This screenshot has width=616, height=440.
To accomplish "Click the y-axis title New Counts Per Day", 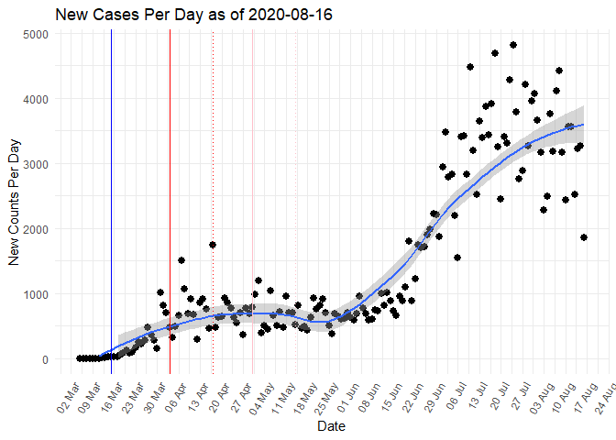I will (x=14, y=195).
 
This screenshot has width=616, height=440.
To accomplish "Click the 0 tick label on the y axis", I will (x=47, y=359).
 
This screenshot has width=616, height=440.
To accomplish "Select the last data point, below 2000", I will (x=584, y=237).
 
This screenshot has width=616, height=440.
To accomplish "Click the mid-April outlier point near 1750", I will (x=213, y=245).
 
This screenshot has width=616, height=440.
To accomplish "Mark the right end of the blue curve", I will (x=584, y=125).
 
